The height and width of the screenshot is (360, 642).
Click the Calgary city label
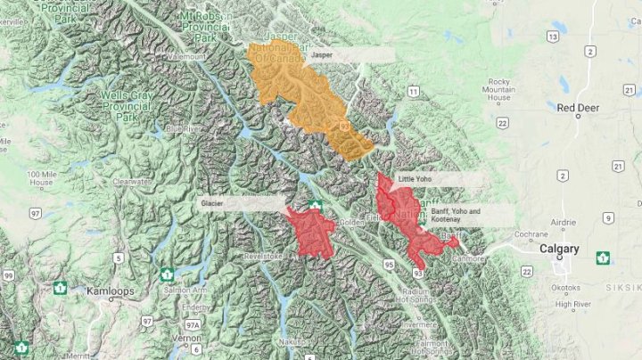(x=559, y=250)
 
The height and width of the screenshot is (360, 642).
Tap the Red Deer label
(x=578, y=108)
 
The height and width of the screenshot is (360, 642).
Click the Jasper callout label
(x=322, y=54)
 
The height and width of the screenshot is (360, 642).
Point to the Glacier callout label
(x=212, y=203)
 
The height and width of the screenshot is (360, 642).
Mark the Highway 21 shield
(x=617, y=167)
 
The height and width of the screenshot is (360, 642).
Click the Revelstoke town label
(x=263, y=256)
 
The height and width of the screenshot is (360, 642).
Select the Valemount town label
(x=185, y=56)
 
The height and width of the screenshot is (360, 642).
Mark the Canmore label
(x=471, y=258)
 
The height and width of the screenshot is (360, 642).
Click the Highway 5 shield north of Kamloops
(x=118, y=258)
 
